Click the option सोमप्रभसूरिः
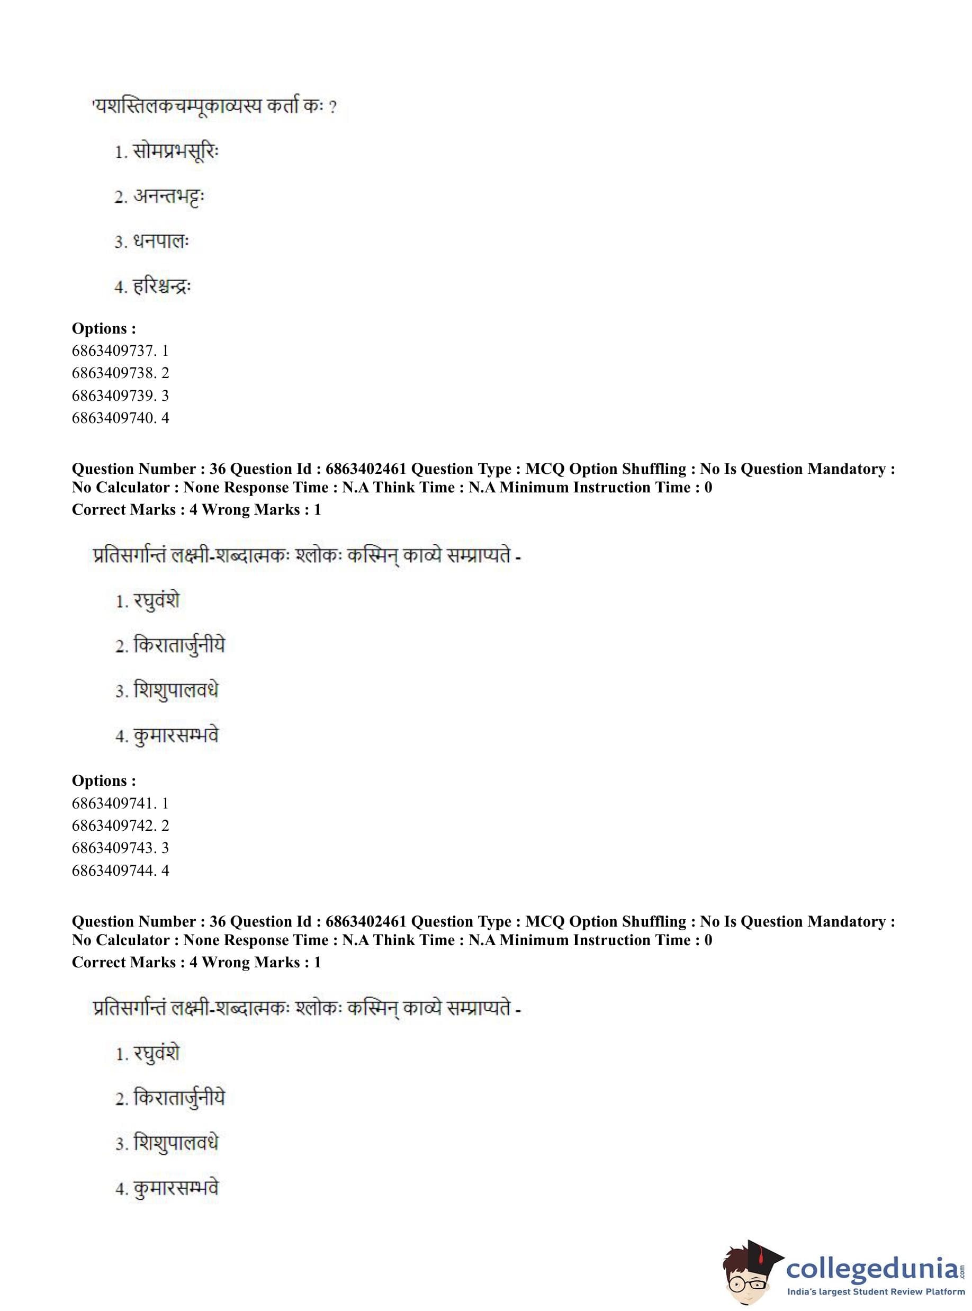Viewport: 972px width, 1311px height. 175,152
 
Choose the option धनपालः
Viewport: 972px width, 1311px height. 160,242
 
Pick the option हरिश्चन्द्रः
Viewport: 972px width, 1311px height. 162,287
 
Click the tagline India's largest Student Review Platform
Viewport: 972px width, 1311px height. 876,1291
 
